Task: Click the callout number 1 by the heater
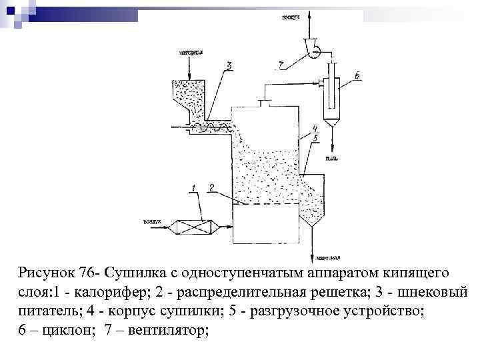195,189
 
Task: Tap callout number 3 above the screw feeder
229,65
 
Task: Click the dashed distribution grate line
267,205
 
